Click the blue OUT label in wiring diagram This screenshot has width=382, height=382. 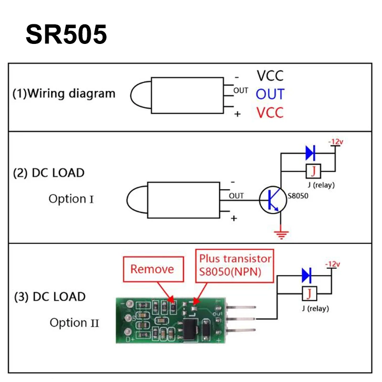click(270, 94)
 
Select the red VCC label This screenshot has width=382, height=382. click(270, 113)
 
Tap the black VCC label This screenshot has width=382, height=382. click(270, 75)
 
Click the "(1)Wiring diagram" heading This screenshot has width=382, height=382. click(64, 93)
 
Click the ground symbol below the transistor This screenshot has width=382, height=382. click(281, 234)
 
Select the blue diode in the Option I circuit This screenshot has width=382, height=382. click(311, 152)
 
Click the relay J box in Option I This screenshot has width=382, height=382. click(313, 170)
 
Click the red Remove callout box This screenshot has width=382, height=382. click(152, 269)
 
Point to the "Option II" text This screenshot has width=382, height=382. click(74, 323)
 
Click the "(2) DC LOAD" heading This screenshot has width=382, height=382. click(48, 173)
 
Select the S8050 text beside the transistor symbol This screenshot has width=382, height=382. click(297, 196)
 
